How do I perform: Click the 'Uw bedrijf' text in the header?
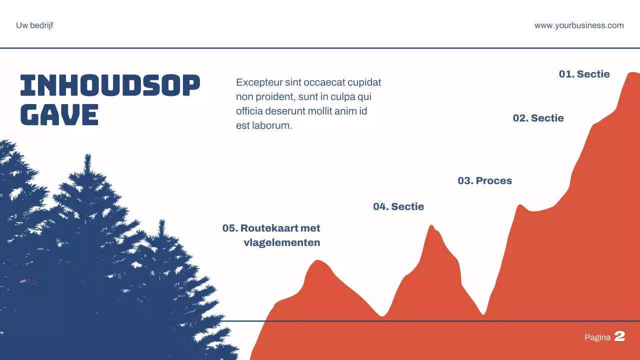click(34, 25)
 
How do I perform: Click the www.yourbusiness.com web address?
click(579, 25)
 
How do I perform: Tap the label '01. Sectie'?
click(584, 74)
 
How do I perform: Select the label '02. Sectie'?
click(538, 118)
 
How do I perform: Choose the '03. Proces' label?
click(484, 180)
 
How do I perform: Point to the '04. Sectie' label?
click(398, 206)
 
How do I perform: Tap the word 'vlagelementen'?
click(281, 242)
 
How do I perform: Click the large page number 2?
click(619, 336)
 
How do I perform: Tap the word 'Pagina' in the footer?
click(597, 337)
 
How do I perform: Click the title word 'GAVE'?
click(59, 114)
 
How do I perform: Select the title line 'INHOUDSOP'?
click(110, 85)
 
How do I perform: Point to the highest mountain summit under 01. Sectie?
click(632, 73)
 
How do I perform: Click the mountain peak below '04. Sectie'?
click(431, 226)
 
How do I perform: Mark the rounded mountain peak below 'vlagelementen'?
click(317, 261)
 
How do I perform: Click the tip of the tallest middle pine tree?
click(88, 155)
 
